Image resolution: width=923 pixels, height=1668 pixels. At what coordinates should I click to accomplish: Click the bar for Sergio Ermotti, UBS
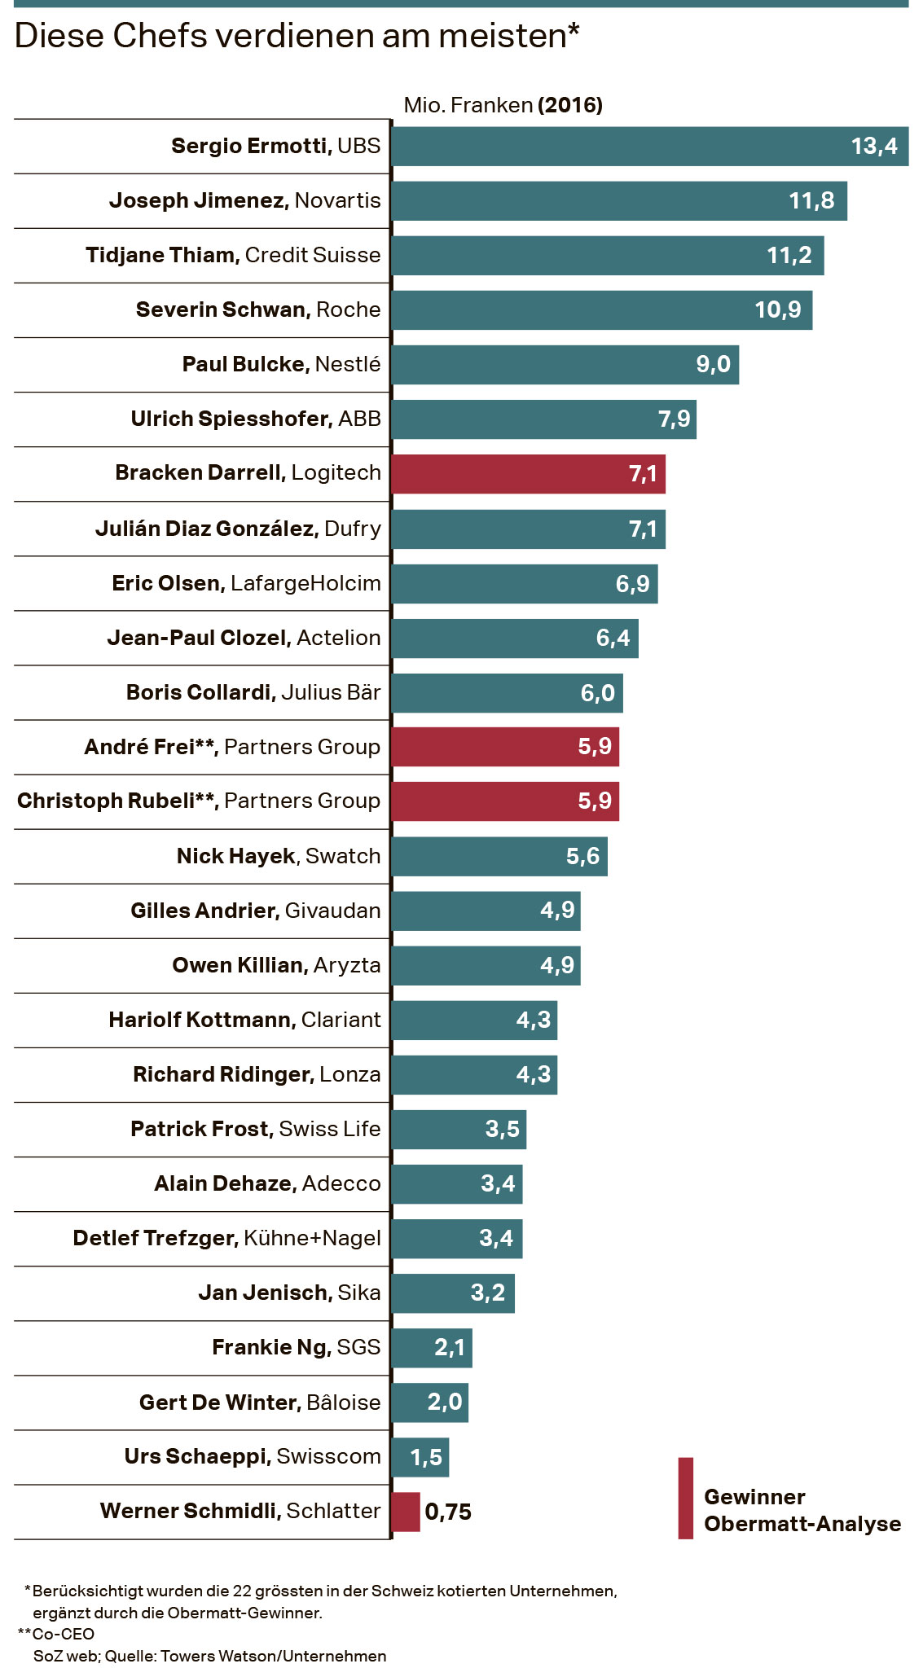619,147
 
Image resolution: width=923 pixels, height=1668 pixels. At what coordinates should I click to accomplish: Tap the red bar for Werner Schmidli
406,1512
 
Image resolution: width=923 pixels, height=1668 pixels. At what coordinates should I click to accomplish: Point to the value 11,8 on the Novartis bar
811,201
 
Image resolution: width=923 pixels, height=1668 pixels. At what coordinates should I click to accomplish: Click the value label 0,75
448,1512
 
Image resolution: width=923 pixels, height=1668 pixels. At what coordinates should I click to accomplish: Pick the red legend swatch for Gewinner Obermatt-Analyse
686,1498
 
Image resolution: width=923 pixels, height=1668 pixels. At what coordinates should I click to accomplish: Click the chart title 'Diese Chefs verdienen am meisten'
297,36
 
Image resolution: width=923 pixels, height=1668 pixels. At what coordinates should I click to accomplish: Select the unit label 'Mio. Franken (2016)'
503,105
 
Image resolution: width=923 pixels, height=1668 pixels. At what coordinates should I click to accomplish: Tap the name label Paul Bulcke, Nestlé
281,364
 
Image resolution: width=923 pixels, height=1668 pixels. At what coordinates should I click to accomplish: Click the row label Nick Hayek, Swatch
279,856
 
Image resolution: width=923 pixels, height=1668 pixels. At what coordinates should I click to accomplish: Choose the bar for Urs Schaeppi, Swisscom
420,1457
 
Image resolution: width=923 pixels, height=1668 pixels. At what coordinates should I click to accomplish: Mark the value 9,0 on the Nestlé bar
713,364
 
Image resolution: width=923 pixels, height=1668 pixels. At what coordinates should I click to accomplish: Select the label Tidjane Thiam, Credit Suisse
233,255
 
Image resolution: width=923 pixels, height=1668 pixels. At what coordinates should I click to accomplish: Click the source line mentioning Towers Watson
209,1656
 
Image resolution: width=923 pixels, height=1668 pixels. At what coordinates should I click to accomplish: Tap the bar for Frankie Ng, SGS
432,1348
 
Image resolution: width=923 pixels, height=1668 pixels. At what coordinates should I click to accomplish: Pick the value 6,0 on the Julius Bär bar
597,693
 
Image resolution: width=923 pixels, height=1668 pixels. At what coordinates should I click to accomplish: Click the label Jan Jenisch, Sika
289,1293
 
